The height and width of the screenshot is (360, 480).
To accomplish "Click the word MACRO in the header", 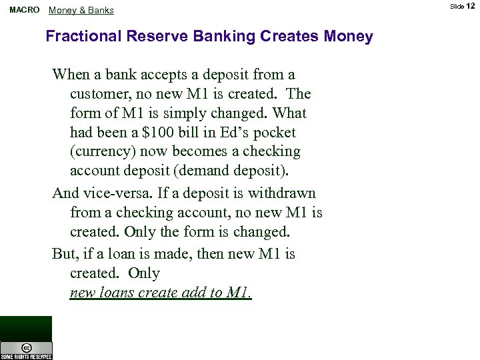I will click(23, 10).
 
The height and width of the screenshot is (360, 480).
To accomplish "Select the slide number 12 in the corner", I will click(471, 6).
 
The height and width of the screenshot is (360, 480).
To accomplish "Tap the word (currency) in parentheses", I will click(101, 151).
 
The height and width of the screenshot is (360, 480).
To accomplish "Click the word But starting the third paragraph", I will click(65, 254).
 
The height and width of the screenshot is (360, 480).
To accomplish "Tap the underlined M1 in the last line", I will click(239, 293).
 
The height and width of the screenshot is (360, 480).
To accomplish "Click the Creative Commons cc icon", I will click(26, 347).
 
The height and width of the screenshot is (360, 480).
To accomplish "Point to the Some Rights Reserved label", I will click(26, 357).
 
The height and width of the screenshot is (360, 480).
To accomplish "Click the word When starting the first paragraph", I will click(71, 75).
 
